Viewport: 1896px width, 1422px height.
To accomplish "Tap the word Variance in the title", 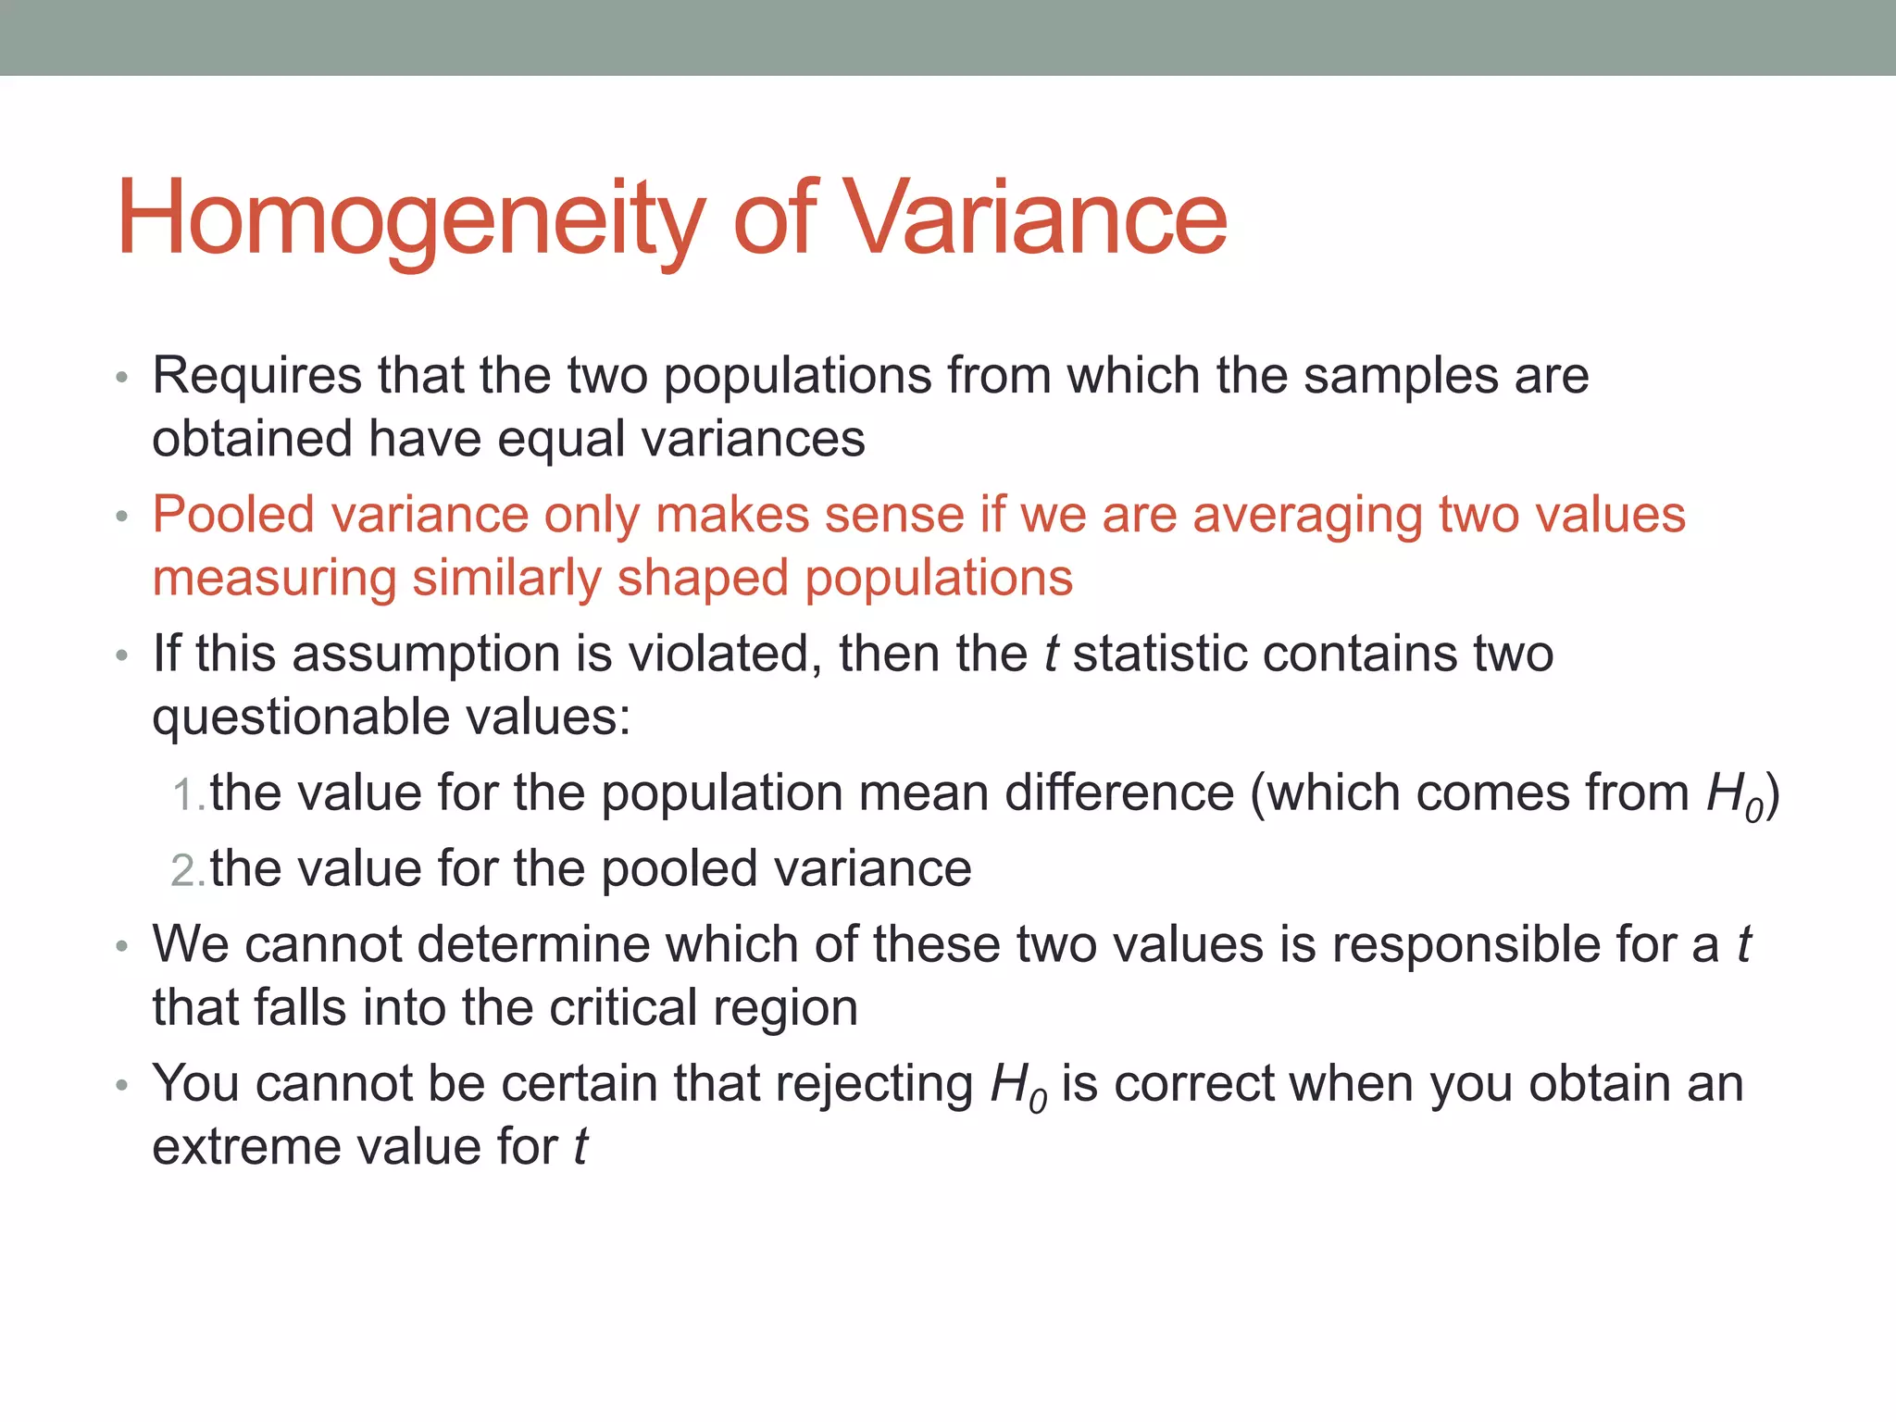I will point(1037,218).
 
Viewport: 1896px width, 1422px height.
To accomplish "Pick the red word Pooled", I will point(234,515).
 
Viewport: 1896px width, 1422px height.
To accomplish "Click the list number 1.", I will point(186,795).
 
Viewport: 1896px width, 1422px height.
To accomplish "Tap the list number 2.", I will point(186,871).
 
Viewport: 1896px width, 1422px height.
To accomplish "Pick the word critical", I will point(621,1008).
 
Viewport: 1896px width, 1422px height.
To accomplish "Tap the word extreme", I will point(247,1148).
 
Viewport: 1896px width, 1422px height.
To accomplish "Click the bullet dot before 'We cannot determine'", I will point(121,947).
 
